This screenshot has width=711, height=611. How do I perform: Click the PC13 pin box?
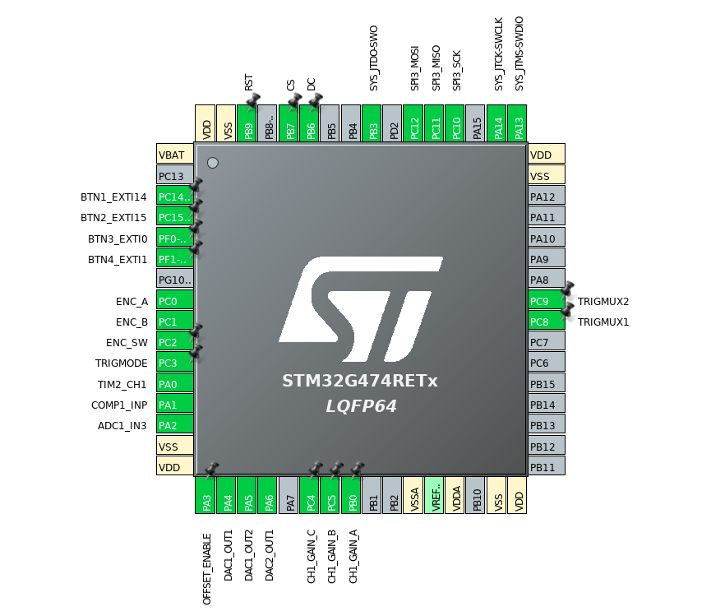tap(175, 175)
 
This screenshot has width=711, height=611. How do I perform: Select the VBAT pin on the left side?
tap(175, 155)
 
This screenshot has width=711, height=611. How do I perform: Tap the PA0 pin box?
tap(175, 383)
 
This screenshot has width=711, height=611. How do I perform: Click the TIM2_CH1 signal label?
tap(120, 384)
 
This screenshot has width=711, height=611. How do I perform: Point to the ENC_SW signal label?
tap(127, 342)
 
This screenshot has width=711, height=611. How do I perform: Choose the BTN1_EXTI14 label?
tap(113, 197)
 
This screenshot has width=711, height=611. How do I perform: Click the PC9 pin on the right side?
tap(547, 301)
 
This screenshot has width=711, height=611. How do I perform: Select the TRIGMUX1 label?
tap(603, 322)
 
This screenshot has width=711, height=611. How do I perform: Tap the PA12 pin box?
tap(547, 197)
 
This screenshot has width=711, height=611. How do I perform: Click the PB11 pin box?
tap(547, 467)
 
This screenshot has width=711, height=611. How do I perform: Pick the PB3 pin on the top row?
tap(372, 123)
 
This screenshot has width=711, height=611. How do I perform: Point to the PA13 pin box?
tap(517, 123)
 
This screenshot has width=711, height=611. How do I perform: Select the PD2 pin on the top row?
tap(393, 123)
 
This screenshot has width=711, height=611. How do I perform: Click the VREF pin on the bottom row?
tap(434, 495)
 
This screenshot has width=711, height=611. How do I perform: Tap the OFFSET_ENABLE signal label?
tap(207, 568)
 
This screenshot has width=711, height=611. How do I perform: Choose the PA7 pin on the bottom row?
tap(289, 495)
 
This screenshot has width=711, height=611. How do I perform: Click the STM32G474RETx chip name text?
tap(360, 382)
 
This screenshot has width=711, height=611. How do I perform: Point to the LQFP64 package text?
tap(360, 405)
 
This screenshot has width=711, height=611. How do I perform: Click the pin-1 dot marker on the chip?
tap(213, 163)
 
